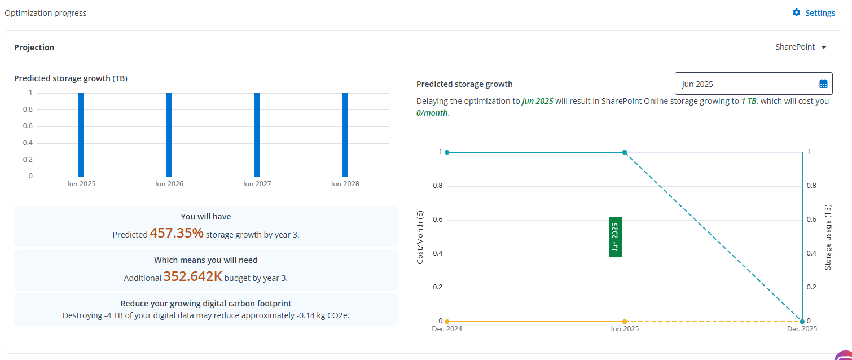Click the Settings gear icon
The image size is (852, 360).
pyautogui.click(x=796, y=12)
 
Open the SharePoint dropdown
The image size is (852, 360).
pyautogui.click(x=801, y=47)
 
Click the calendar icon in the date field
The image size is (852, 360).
pyautogui.click(x=823, y=84)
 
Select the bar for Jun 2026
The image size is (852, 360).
pyautogui.click(x=169, y=135)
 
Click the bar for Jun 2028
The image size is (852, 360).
pyautogui.click(x=345, y=135)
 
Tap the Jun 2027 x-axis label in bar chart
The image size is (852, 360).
pyautogui.click(x=257, y=184)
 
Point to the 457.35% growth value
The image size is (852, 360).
pyautogui.click(x=177, y=233)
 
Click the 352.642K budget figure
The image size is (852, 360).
pyautogui.click(x=192, y=276)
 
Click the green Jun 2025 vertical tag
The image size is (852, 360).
pyautogui.click(x=616, y=237)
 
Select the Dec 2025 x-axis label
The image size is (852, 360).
pyautogui.click(x=802, y=328)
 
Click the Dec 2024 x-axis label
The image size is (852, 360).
pyautogui.click(x=447, y=328)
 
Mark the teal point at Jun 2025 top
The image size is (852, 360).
pyautogui.click(x=625, y=152)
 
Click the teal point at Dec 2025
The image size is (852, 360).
pyautogui.click(x=802, y=321)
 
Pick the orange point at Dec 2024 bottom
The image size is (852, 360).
pyautogui.click(x=447, y=321)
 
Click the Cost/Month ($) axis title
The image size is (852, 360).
pyautogui.click(x=420, y=237)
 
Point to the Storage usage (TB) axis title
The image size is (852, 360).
pyautogui.click(x=828, y=237)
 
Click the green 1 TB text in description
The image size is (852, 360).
pyautogui.click(x=748, y=102)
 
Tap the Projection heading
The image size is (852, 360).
pyautogui.click(x=34, y=47)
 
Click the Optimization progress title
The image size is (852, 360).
pyautogui.click(x=46, y=13)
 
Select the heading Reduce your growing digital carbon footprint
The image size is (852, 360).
pyautogui.click(x=206, y=303)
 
